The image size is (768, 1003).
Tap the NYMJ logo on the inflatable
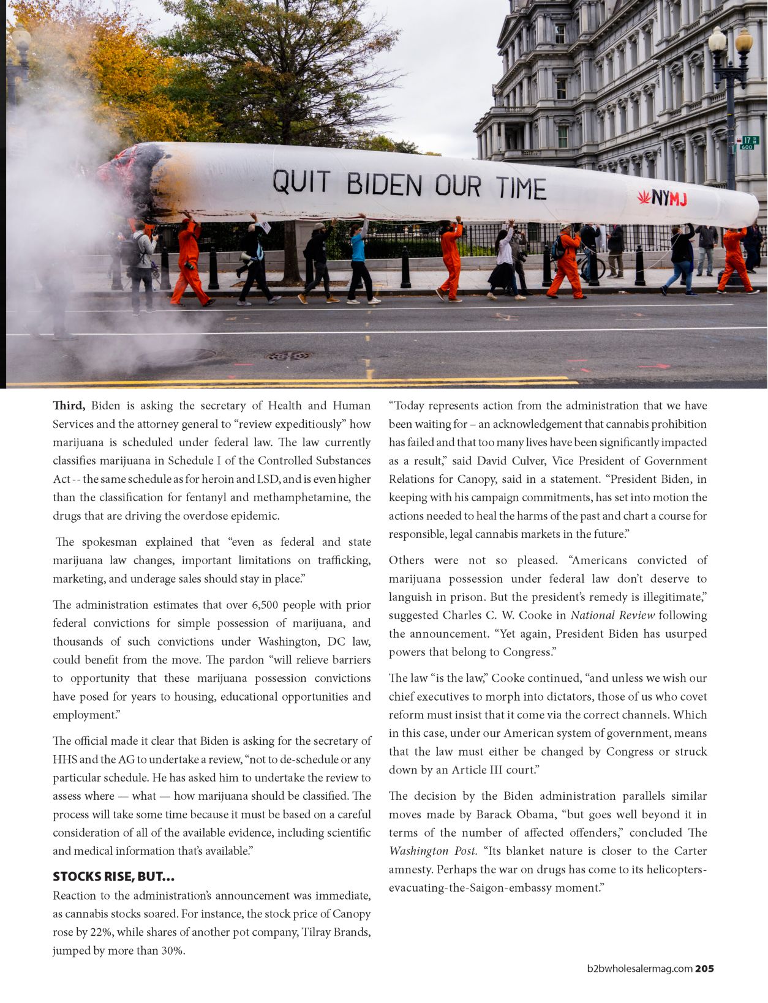[662, 198]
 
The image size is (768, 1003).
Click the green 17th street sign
[748, 143]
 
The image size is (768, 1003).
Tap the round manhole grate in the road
[287, 356]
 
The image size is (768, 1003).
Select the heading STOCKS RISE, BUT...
[113, 876]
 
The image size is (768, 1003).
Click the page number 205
[704, 969]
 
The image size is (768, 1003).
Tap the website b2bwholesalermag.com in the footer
[639, 969]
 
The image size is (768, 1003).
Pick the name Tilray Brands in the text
[336, 933]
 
